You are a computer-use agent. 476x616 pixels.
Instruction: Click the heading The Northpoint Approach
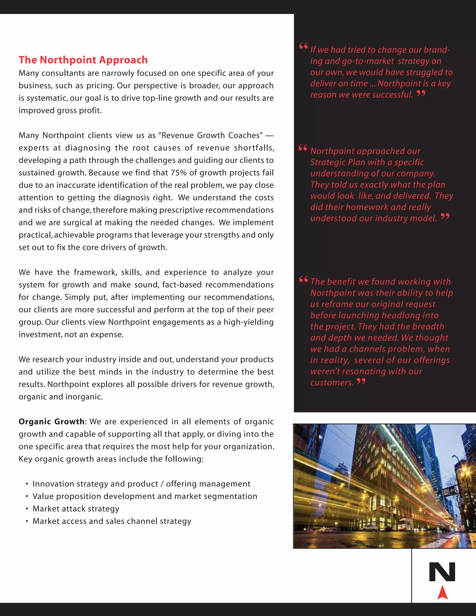[x=83, y=60]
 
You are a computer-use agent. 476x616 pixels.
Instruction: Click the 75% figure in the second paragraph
[x=179, y=173]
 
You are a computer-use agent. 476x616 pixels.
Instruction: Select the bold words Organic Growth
[x=51, y=422]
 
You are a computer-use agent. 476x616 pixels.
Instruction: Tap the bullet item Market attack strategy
[x=76, y=509]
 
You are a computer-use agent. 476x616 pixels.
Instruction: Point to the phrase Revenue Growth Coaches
[x=212, y=135]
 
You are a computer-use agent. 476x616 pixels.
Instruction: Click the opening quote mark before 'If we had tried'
[x=303, y=46]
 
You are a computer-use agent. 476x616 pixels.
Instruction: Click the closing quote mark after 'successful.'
[x=421, y=93]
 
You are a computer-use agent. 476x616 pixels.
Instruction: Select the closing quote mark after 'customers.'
[x=361, y=381]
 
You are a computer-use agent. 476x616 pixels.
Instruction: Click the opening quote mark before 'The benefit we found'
[x=303, y=279]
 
